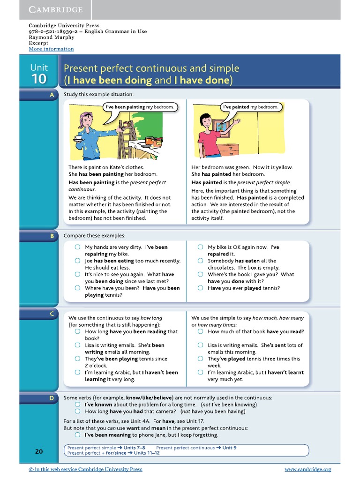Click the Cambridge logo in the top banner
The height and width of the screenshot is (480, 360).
pyautogui.click(x=56, y=9)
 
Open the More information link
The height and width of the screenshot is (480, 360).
pyautogui.click(x=51, y=49)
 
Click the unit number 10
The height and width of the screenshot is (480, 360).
pyautogui.click(x=39, y=79)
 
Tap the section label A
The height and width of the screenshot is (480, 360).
pyautogui.click(x=51, y=95)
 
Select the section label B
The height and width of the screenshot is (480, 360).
pyautogui.click(x=52, y=236)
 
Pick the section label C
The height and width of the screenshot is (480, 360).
pyautogui.click(x=52, y=314)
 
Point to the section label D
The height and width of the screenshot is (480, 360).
pyautogui.click(x=52, y=398)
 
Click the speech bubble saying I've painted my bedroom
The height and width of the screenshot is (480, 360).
pyautogui.click(x=250, y=107)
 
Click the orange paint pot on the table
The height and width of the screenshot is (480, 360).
pyautogui.click(x=150, y=140)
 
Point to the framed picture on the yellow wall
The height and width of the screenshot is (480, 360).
pyautogui.click(x=218, y=126)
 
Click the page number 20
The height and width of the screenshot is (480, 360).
pyautogui.click(x=39, y=451)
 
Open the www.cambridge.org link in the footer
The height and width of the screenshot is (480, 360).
pyautogui.click(x=307, y=469)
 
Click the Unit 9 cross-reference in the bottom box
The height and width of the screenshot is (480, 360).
pyautogui.click(x=229, y=448)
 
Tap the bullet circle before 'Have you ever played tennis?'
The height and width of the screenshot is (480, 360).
pyautogui.click(x=200, y=288)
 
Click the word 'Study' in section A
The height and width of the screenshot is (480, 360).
pyautogui.click(x=71, y=95)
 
